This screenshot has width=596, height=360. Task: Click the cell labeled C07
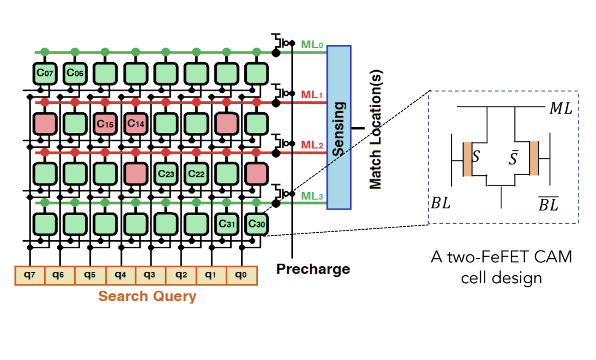tap(45, 73)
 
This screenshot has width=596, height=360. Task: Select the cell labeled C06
tap(75, 73)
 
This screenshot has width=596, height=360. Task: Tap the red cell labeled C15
tap(105, 123)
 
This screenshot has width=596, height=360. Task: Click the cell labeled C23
tap(166, 173)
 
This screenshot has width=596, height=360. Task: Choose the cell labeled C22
tap(196, 173)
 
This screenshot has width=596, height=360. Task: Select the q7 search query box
tap(30, 275)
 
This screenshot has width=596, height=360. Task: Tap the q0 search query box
tap(241, 275)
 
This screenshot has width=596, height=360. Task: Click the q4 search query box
tap(120, 275)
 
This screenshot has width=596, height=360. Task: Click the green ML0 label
tap(312, 45)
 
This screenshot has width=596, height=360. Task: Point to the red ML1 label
tap(312, 95)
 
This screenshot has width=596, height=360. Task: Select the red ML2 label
tap(312, 145)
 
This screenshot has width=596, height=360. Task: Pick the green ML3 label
tap(312, 196)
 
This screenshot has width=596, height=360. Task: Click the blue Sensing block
tap(339, 127)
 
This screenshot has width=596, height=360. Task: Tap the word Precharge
tap(313, 269)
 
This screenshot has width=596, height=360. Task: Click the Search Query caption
tap(147, 296)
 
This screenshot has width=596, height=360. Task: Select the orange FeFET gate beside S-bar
tap(534, 158)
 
